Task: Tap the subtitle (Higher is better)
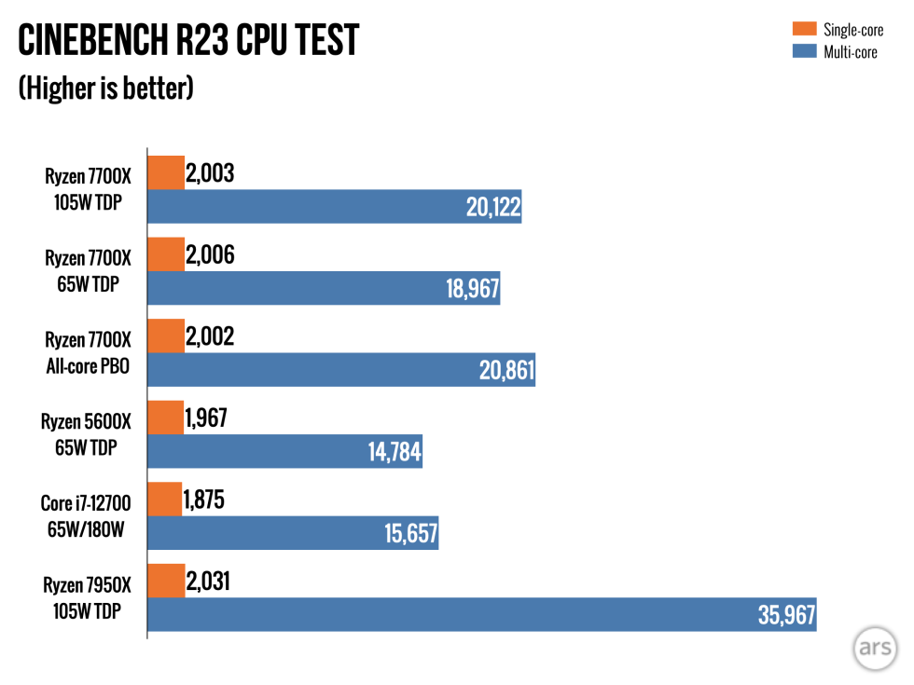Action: (106, 89)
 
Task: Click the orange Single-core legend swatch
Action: (804, 30)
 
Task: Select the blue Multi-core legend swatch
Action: (804, 52)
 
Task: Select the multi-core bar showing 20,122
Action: (334, 207)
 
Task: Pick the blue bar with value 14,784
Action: (285, 452)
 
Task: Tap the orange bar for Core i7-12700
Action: (165, 500)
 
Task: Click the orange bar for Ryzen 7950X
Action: (166, 581)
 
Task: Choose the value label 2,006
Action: (211, 254)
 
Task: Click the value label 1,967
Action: (207, 418)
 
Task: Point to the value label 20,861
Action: (506, 372)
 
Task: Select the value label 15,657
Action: (411, 534)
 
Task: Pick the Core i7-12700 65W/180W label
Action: (87, 516)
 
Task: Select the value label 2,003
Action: (211, 172)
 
